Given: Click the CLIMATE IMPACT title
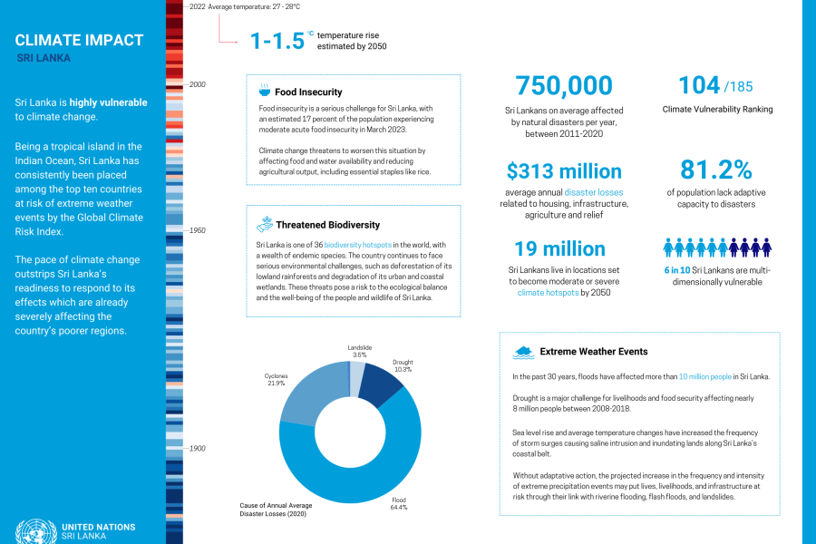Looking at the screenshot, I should (80, 40).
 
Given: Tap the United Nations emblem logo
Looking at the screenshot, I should (34, 530).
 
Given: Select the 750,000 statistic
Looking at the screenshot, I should (564, 85).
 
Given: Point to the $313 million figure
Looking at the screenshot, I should (564, 171).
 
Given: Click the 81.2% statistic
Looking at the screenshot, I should (716, 170).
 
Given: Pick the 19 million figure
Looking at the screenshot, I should (559, 248).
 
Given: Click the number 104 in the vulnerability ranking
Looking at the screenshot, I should (699, 85).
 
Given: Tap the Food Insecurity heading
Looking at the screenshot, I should (308, 92).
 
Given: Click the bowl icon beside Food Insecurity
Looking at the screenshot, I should (264, 92).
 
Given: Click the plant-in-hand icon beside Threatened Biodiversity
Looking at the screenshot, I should (265, 224).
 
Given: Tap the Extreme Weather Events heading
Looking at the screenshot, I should (594, 351).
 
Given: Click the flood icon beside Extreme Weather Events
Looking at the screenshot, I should (523, 351).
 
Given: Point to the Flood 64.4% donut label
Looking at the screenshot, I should (398, 503).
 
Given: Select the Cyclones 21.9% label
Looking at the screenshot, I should (277, 379).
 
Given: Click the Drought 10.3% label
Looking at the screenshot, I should (403, 366).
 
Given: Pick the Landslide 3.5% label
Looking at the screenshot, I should (359, 351).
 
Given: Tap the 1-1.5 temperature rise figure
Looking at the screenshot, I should (281, 41).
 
